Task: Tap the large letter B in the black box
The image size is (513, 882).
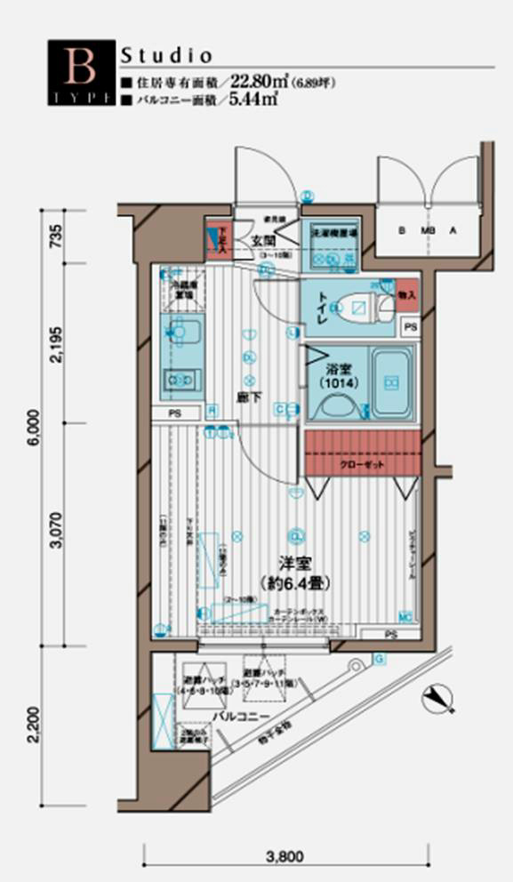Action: tap(78, 64)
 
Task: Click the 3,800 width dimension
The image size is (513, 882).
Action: tap(285, 858)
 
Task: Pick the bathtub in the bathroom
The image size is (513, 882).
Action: tap(392, 383)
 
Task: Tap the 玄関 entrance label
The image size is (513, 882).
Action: tap(262, 240)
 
